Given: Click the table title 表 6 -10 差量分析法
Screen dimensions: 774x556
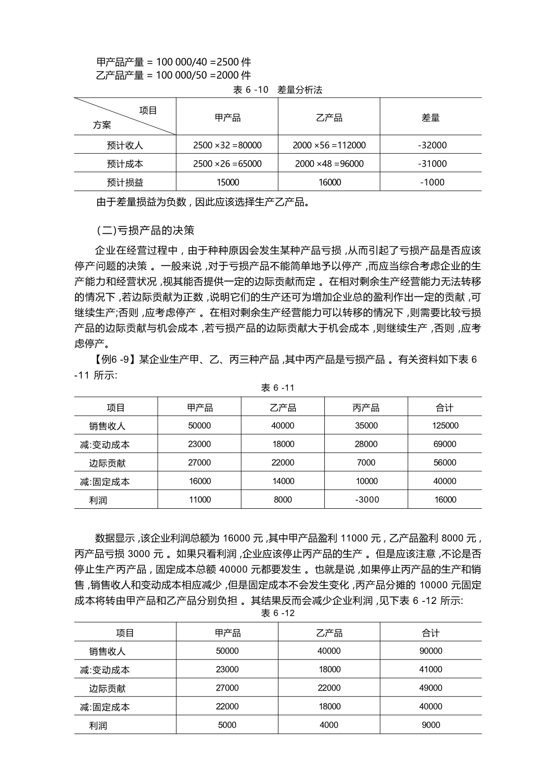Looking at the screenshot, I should [278, 90].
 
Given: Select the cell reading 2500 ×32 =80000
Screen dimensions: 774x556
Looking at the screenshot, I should [227, 145].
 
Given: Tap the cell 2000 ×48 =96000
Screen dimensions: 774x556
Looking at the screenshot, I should [329, 164].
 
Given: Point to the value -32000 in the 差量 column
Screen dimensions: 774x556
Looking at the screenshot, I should [432, 145].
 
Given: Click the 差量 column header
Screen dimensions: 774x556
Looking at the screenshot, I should [431, 118].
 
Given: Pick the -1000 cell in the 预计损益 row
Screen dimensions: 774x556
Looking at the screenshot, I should [432, 182].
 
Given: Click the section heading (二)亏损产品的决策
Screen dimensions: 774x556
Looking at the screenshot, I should [145, 230].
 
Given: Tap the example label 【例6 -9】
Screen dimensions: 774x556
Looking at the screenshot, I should [112, 359].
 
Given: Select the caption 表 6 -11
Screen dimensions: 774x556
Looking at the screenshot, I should [278, 388].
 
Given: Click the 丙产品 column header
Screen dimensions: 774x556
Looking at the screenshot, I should [366, 408].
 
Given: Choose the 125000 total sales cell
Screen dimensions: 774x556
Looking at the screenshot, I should [445, 425].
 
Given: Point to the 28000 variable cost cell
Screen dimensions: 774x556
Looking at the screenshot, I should [366, 444].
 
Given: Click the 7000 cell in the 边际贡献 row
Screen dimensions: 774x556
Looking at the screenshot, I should [366, 462].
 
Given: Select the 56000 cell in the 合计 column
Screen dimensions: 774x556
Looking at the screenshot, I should [445, 462].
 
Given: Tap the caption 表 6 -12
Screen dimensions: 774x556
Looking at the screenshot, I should [278, 613].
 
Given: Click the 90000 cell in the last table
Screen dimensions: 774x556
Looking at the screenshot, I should [431, 651].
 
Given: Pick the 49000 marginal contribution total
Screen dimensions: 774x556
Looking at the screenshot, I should [431, 688].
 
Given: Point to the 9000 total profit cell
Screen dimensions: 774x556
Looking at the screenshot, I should [431, 725].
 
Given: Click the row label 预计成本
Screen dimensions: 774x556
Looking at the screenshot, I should [125, 164].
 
